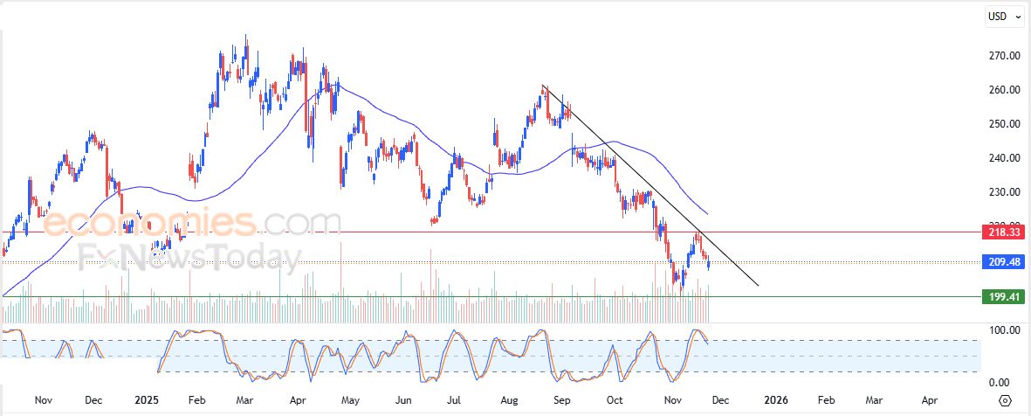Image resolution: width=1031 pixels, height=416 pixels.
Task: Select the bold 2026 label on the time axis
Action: point(775,400)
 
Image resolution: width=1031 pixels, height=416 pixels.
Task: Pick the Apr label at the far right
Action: point(930,400)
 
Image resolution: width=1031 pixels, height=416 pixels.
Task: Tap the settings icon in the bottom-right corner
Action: point(1005,400)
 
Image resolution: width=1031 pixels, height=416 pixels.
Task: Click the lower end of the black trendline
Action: point(758,286)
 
